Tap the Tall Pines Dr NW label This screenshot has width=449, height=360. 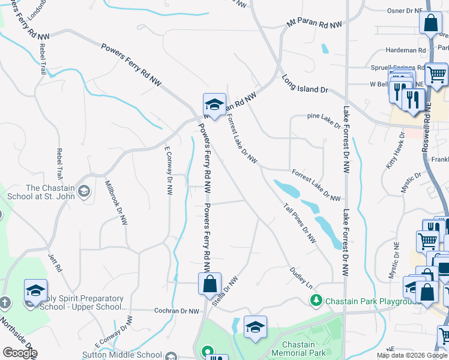pyautogui.click(x=300, y=222)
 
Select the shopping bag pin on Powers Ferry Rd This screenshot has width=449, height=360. pyautogui.click(x=210, y=283)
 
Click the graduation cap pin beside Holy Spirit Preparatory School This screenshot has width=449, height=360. pyautogui.click(x=36, y=290)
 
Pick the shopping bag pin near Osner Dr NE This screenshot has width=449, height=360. pyautogui.click(x=430, y=24)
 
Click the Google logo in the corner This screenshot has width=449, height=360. pyautogui.click(x=20, y=353)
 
